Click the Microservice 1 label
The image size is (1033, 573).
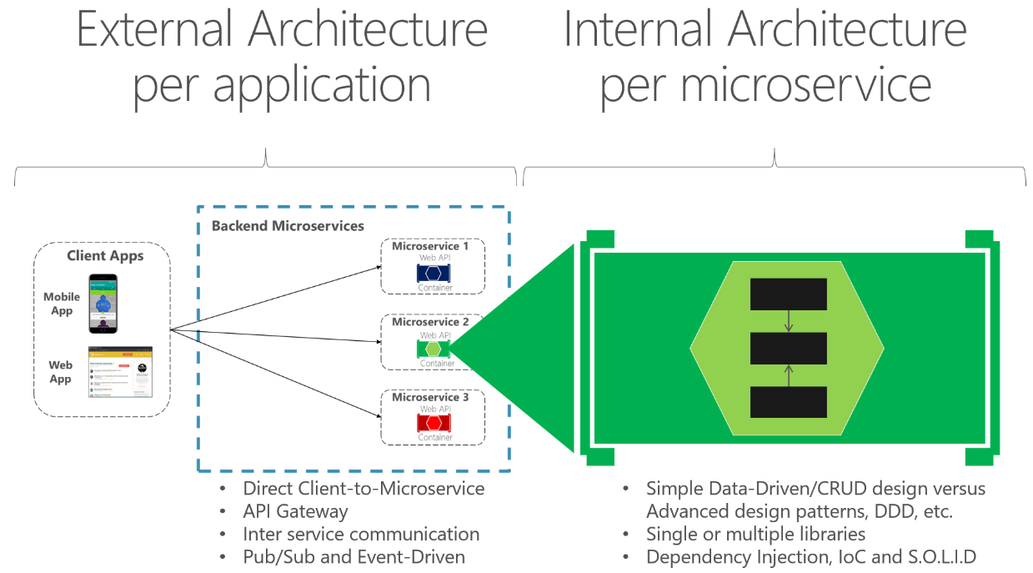click(x=430, y=247)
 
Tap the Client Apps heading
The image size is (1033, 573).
click(x=105, y=255)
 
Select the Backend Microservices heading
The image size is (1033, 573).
click(x=288, y=226)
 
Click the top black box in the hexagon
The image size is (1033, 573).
click(x=788, y=294)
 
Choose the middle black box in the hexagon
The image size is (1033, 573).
click(x=788, y=348)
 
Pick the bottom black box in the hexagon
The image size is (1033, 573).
click(x=788, y=402)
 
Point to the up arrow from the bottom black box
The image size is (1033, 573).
click(x=789, y=375)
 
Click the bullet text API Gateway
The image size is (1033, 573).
click(x=295, y=511)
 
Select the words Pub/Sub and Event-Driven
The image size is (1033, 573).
click(x=354, y=556)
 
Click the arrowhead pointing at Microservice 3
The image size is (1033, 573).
click(x=376, y=413)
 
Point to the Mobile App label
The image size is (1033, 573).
click(x=62, y=304)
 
